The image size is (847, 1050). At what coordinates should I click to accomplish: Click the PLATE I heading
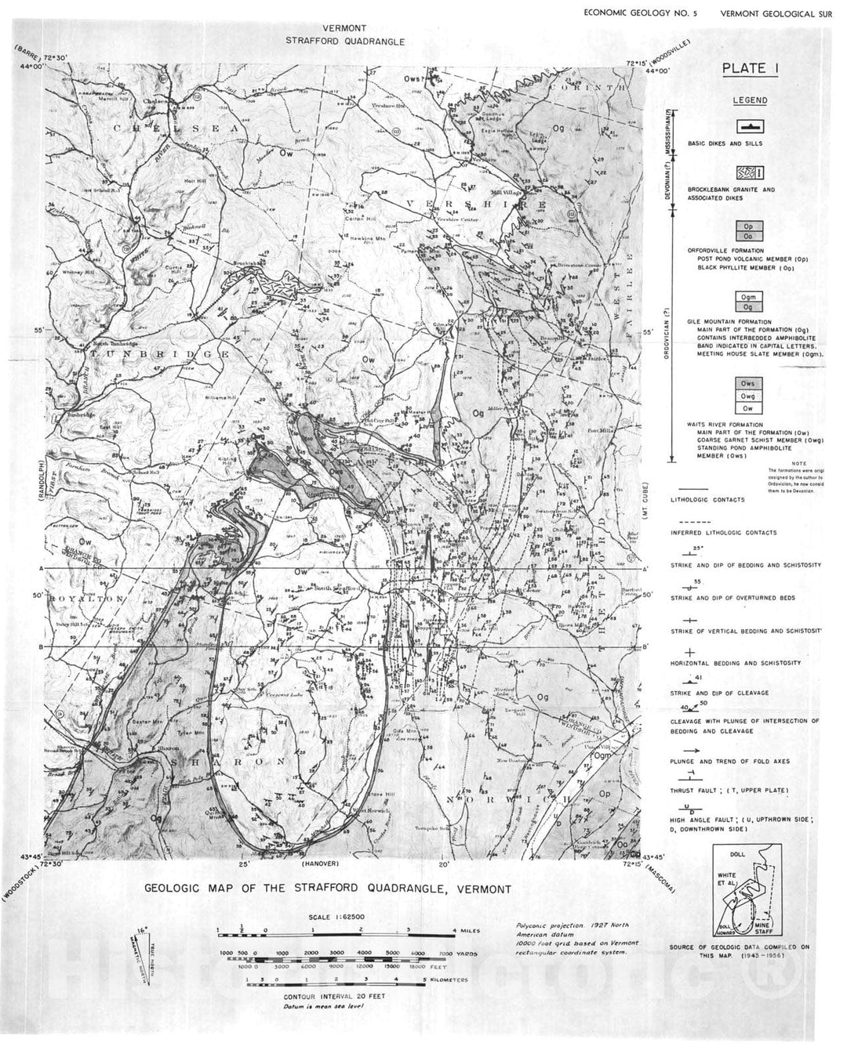[x=750, y=69]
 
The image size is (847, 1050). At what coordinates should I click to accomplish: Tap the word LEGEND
[x=750, y=100]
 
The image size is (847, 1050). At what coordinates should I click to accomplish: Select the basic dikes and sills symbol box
[x=750, y=127]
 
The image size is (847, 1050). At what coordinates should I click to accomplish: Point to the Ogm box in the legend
[x=750, y=297]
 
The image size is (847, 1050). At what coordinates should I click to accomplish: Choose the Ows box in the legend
[x=750, y=384]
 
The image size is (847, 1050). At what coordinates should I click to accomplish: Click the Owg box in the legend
[x=750, y=396]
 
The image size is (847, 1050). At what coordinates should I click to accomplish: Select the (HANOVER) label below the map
[x=319, y=864]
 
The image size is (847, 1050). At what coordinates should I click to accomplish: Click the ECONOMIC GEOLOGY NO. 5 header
[x=640, y=13]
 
